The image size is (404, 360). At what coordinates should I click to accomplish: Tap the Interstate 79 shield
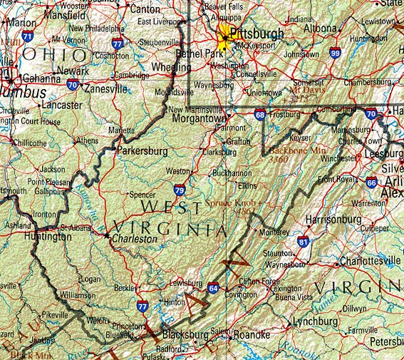(x=179, y=190)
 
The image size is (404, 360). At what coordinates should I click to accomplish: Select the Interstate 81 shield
(x=304, y=243)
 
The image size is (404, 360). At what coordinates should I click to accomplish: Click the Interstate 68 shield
(x=260, y=114)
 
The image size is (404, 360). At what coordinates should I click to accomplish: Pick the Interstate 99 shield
(x=335, y=53)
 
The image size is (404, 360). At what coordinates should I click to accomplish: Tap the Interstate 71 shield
(x=27, y=36)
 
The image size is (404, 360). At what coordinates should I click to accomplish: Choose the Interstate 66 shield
(x=371, y=182)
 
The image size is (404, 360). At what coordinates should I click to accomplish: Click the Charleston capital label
(x=135, y=240)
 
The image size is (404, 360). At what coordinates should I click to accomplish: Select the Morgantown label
(x=197, y=119)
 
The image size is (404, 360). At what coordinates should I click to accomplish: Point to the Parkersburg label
(x=143, y=152)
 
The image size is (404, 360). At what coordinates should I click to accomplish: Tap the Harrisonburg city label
(x=333, y=220)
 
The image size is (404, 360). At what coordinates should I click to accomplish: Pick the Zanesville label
(x=105, y=89)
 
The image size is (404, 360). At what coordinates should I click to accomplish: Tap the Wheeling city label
(x=172, y=67)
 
